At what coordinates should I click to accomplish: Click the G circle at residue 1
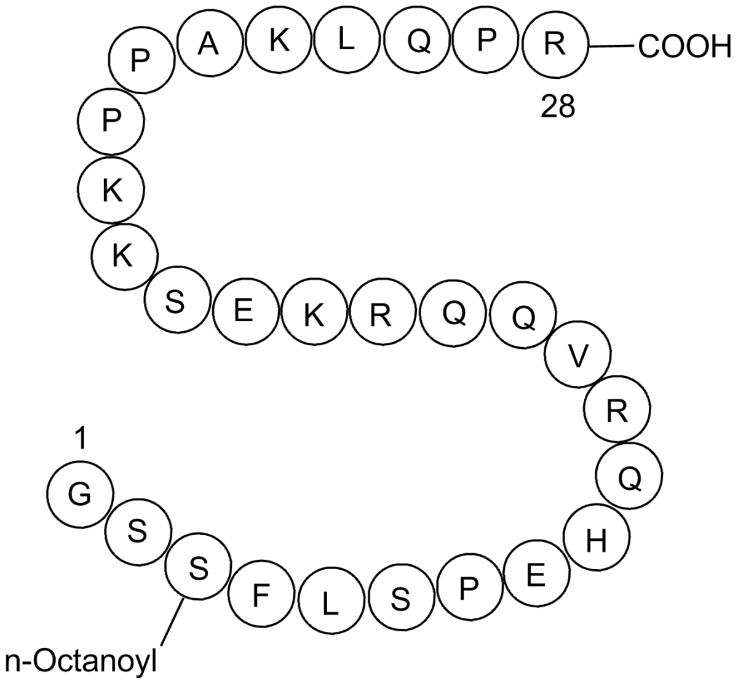(79, 494)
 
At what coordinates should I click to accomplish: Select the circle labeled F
(261, 595)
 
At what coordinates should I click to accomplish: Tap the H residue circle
(596, 541)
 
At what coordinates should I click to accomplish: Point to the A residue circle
(210, 44)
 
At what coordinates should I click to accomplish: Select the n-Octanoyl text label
(81, 662)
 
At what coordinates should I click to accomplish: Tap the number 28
(557, 108)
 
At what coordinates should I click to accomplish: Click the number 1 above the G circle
(79, 439)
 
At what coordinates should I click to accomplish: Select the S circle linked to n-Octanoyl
(198, 569)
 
